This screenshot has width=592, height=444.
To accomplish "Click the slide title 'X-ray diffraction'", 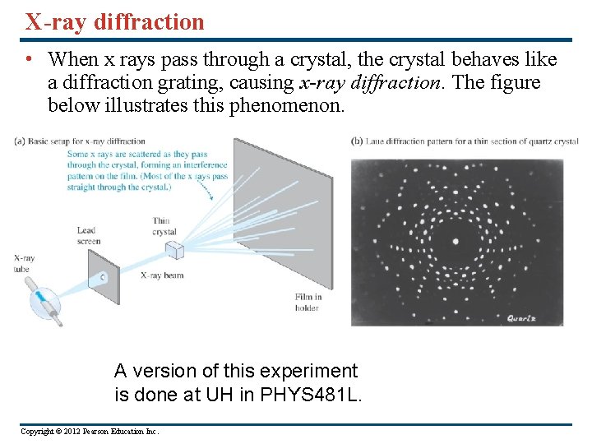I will click(x=114, y=22).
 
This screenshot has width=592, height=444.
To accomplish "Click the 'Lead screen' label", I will click(x=88, y=236).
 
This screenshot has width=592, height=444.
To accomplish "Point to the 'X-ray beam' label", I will click(x=161, y=275).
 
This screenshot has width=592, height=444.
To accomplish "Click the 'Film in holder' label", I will click(x=307, y=302).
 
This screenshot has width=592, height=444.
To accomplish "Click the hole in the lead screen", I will click(x=103, y=277).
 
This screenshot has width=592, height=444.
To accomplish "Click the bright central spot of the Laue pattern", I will click(x=455, y=241).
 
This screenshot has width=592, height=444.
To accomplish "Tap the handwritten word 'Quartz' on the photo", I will click(x=522, y=318).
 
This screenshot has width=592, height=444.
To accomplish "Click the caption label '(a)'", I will click(x=20, y=141).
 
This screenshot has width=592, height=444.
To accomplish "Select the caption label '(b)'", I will click(x=357, y=141).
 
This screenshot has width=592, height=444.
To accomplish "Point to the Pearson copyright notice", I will click(x=90, y=432).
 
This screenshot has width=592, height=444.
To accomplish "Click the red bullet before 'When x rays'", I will click(x=28, y=60).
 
